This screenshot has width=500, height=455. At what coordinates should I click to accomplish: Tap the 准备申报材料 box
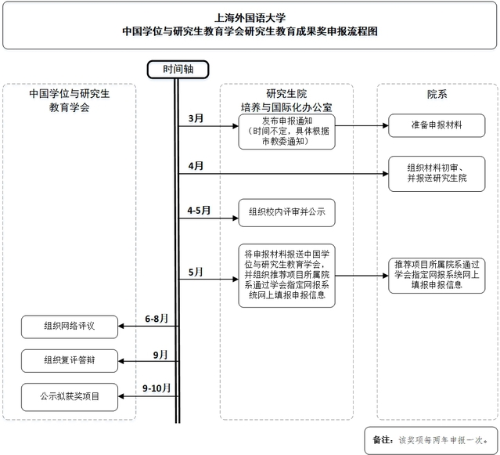[437, 125]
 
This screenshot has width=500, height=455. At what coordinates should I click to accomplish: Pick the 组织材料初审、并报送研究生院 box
[437, 173]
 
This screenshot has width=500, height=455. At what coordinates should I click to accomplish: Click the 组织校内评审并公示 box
[286, 211]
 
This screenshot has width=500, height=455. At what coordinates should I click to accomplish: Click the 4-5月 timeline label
[199, 211]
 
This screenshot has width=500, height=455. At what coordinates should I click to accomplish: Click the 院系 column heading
[437, 94]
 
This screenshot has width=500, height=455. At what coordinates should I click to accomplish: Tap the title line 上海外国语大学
[250, 16]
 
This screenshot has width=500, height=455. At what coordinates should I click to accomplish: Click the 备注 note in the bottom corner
[430, 439]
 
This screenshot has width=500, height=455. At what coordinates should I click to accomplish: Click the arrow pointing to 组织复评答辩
[149, 360]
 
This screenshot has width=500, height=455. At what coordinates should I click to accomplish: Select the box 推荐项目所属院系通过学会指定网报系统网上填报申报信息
[437, 276]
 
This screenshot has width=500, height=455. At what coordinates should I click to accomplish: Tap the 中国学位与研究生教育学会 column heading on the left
[69, 99]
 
